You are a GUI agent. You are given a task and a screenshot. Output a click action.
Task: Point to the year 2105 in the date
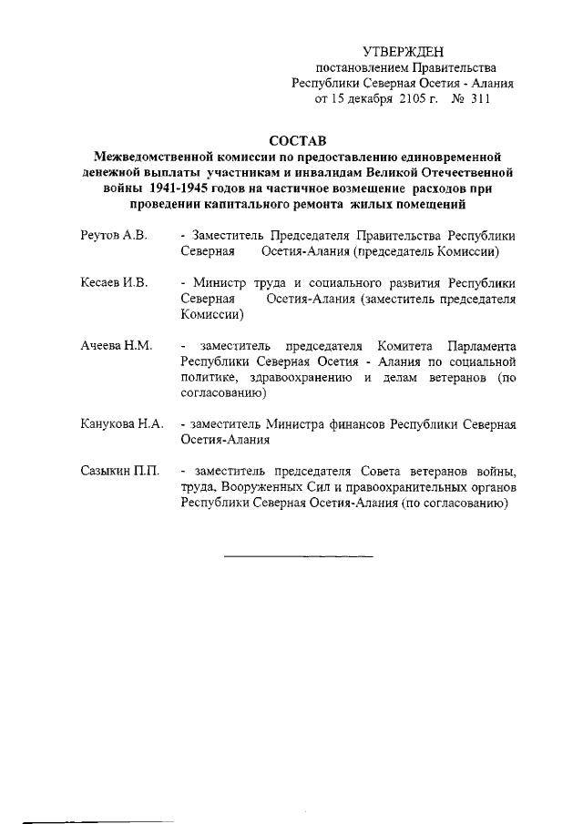tap(414, 99)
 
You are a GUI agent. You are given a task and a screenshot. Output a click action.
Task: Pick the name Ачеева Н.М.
tap(115, 347)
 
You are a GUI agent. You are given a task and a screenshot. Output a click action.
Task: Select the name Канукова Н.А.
tap(120, 425)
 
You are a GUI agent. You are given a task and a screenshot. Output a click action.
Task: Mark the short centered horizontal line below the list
tap(298, 554)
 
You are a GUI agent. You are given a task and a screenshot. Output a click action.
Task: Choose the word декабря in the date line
tap(372, 99)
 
